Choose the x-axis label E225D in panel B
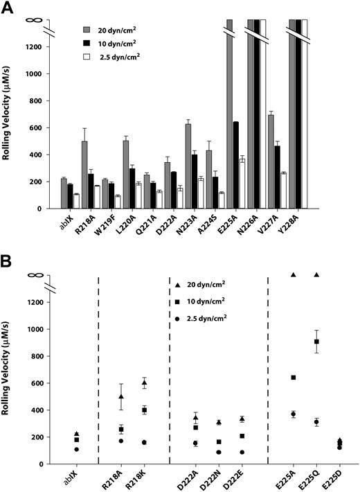point(334,481)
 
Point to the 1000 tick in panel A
point(44,74)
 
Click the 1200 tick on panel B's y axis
point(44,302)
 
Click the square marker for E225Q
point(317,342)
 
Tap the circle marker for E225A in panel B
point(294,414)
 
